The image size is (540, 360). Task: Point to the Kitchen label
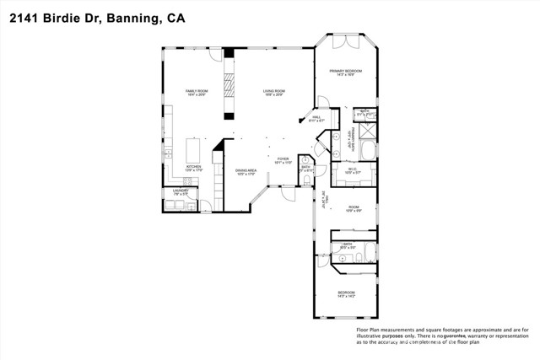pyautogui.click(x=193, y=167)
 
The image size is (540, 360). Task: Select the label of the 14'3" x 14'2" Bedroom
pyautogui.click(x=347, y=293)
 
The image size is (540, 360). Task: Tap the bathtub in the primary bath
pyautogui.click(x=368, y=149)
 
